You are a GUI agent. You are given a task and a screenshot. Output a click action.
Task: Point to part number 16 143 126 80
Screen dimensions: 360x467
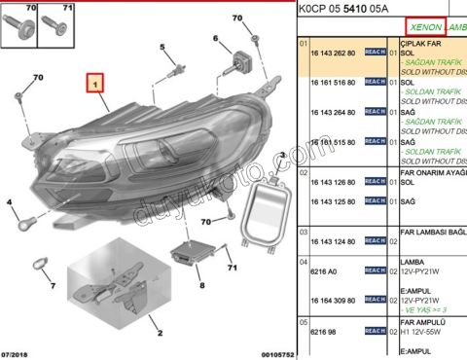333,182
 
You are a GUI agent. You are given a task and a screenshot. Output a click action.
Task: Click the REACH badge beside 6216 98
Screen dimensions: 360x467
376,332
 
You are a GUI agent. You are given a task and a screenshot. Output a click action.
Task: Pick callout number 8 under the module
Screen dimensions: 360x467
201,285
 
